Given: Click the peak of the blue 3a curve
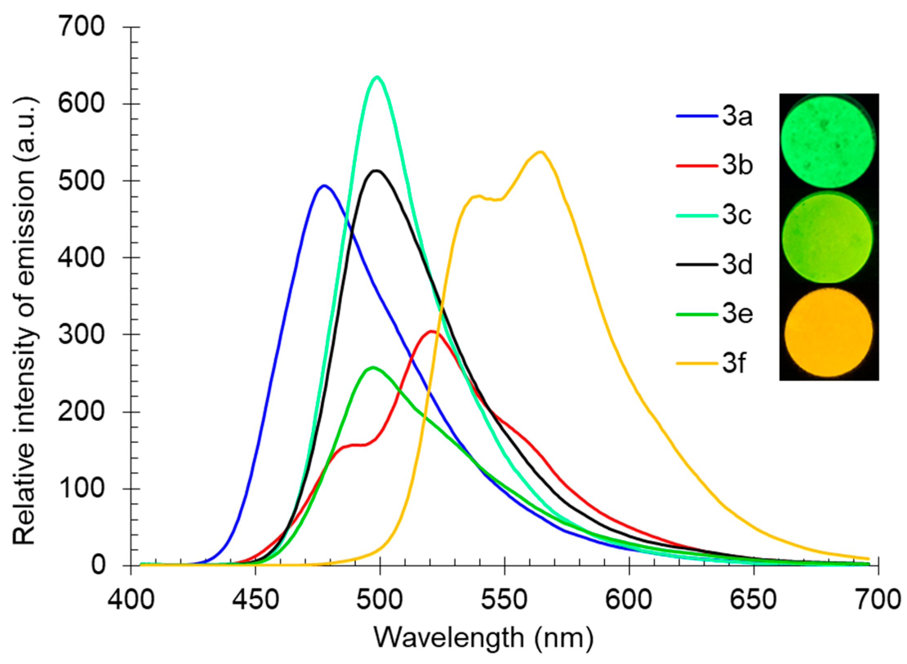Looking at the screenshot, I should pos(324,186).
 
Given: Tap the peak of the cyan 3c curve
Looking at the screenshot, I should pos(377,77).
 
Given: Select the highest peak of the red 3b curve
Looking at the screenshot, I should pos(431,331).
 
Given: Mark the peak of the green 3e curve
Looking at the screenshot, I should pos(372,368).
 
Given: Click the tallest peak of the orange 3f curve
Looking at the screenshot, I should pos(540,152).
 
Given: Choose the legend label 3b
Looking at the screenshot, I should pos(737,166).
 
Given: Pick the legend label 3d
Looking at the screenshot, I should pos(737,265).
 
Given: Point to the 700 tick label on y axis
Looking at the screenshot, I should pos(82,27).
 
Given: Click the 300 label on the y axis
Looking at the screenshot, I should pos(82,334).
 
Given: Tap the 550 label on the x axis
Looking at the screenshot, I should pos(505,599).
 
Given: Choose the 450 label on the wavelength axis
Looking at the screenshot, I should pos(255,599).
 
